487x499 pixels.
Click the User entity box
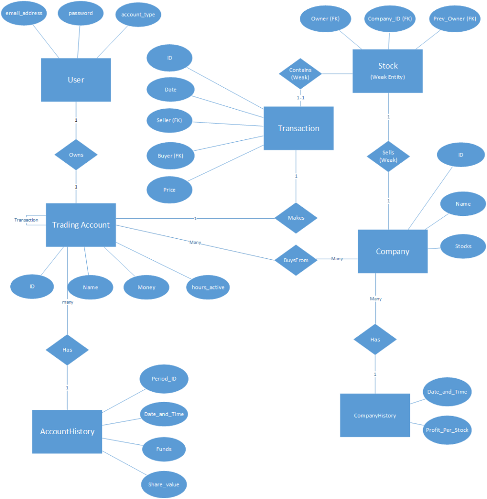(76, 80)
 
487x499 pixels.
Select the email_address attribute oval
(24, 14)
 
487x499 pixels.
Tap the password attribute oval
(80, 14)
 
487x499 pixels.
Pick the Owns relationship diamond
(76, 155)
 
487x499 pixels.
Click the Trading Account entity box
(80, 225)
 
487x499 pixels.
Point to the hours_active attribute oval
(208, 287)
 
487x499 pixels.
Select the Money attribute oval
(146, 287)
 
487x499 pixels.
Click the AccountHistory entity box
(67, 431)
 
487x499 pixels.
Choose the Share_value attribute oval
(164, 484)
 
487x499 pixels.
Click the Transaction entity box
(298, 128)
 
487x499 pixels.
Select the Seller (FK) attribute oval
(170, 121)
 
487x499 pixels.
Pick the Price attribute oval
(170, 190)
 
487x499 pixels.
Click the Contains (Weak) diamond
(300, 74)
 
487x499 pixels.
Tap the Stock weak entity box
(388, 71)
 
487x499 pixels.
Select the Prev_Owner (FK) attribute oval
(454, 19)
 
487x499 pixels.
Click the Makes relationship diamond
(296, 218)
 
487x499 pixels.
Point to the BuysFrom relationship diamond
(296, 260)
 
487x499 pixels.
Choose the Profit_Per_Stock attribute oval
(447, 430)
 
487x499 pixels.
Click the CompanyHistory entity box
(375, 415)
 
